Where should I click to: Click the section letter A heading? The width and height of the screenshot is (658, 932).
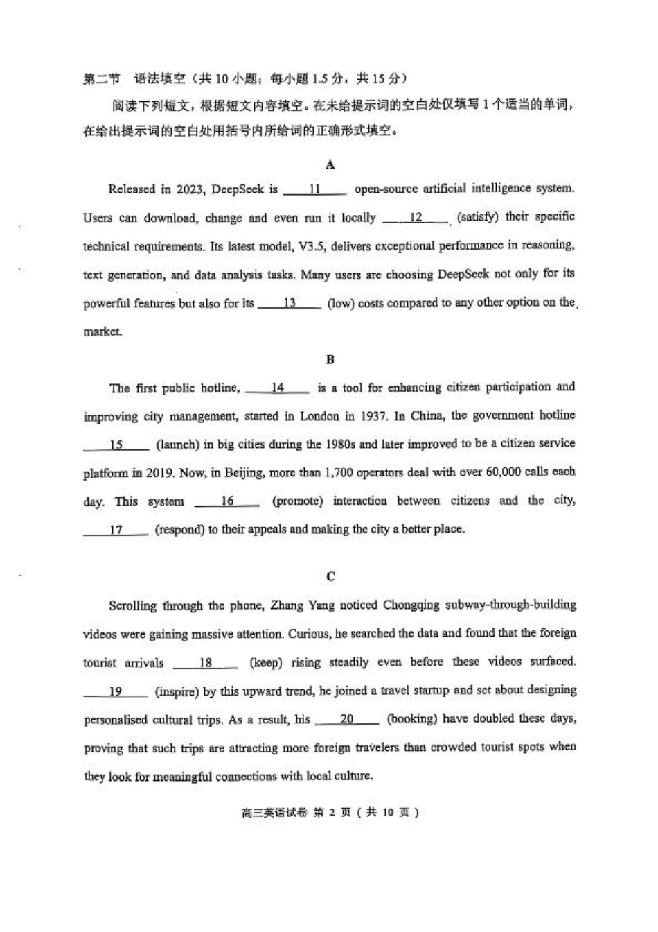click(x=330, y=164)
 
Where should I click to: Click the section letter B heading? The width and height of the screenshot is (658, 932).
click(x=330, y=359)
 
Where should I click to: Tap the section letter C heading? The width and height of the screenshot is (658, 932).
click(x=330, y=576)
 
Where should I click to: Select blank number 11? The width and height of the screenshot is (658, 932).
click(x=315, y=189)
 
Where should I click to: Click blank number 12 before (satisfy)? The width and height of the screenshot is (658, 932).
click(x=416, y=218)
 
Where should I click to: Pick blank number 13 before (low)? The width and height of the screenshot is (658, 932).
click(x=290, y=303)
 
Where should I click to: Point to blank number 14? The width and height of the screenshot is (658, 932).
click(x=277, y=388)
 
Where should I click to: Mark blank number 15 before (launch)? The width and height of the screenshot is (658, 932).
click(x=116, y=445)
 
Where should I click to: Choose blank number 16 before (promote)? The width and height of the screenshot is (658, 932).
click(x=227, y=501)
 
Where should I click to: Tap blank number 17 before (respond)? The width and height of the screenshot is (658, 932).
click(x=116, y=530)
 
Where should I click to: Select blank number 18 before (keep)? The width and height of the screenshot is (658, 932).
click(x=206, y=662)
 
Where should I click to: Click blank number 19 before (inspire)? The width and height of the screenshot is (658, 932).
click(x=116, y=691)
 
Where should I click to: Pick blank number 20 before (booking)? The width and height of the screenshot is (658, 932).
click(x=346, y=720)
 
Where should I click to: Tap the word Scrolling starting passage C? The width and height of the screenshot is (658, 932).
click(x=132, y=605)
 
